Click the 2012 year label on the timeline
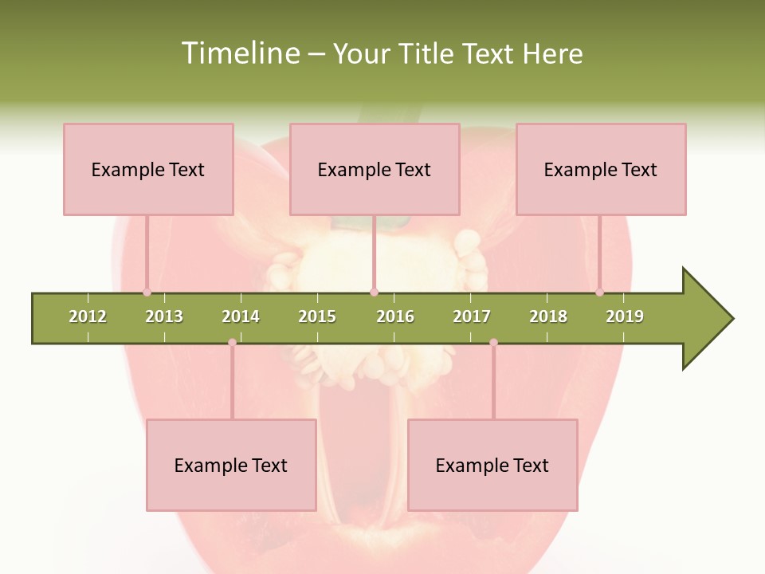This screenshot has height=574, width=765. pos(88,316)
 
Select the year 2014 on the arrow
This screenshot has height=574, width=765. pos(241,316)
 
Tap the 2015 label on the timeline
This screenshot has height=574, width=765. pos(317,316)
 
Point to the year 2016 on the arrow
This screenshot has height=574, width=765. pos(395,316)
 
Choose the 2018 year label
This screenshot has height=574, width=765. pos(548,316)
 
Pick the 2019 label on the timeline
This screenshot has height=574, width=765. pos(625,316)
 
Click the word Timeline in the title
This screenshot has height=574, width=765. pos(239,53)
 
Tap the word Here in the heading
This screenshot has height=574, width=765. pos(552,53)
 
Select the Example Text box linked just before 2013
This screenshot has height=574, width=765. pos(148,169)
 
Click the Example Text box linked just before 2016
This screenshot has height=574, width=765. pos(375,169)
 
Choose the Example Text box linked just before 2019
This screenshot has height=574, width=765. pos(601,169)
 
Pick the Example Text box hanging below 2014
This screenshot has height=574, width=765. pos(231,465)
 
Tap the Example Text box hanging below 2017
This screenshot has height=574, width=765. pos(492,465)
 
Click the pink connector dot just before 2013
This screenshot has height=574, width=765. pos(147,292)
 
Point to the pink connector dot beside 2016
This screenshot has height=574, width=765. pos(374,292)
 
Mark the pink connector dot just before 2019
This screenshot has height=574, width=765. pos(599,292)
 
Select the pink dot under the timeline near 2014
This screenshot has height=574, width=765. pos(232,343)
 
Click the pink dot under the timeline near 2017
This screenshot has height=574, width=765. pos(493,343)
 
